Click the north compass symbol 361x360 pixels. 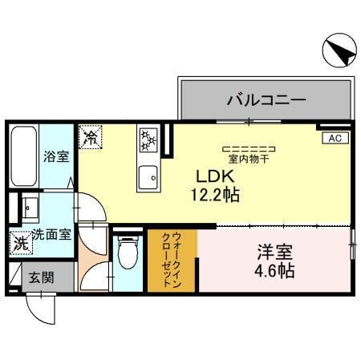tap(338, 52)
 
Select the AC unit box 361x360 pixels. tap(335, 139)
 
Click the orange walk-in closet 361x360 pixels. tap(172, 260)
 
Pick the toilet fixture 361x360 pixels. tap(127, 256)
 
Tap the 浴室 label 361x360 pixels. tap(55, 156)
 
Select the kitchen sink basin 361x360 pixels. tap(148, 176)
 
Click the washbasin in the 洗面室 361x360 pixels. tap(30, 209)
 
